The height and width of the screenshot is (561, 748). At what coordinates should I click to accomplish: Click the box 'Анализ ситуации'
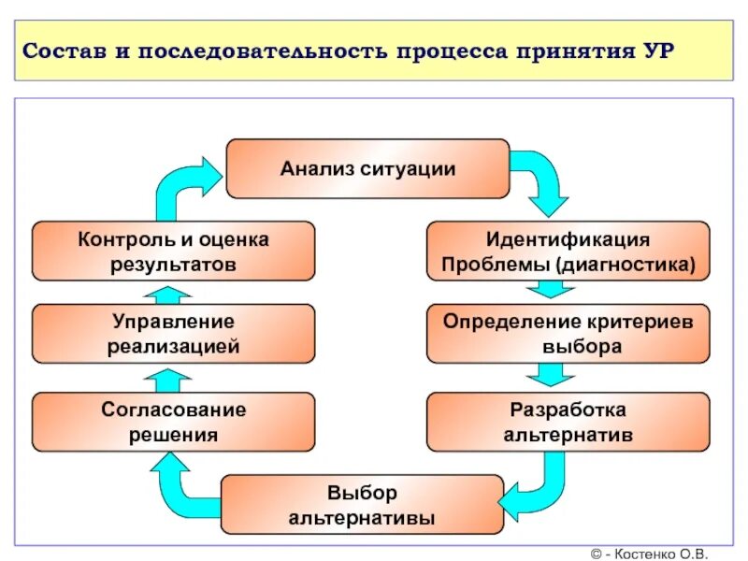tap(367, 168)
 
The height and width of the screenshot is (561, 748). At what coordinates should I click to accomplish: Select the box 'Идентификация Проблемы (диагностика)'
tap(568, 251)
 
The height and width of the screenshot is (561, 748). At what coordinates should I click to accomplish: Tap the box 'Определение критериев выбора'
tap(568, 333)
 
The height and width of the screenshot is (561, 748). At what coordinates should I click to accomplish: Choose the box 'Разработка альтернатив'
tap(568, 422)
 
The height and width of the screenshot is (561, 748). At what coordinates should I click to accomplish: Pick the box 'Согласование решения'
tap(174, 422)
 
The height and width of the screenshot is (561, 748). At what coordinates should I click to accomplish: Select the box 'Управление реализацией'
tap(174, 333)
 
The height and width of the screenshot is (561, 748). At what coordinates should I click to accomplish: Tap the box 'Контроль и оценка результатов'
tap(174, 251)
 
